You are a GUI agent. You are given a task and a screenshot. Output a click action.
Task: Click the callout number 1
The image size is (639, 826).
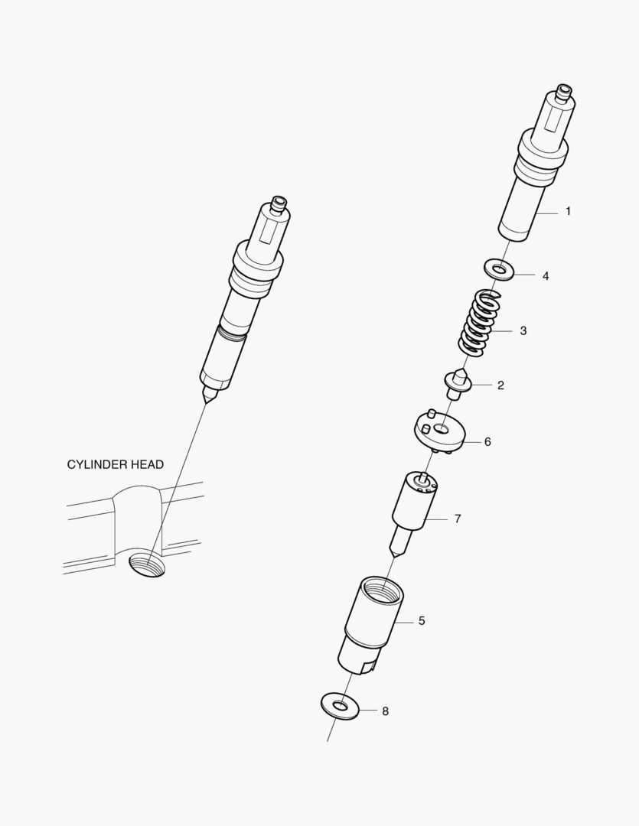[x=568, y=211]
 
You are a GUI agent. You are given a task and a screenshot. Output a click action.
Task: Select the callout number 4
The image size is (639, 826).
[x=546, y=275]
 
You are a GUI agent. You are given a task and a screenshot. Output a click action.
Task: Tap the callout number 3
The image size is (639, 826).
[x=523, y=331]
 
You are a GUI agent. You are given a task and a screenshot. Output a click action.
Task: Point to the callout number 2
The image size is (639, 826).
[x=500, y=385]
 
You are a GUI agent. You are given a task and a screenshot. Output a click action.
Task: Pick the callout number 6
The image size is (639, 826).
[x=487, y=442]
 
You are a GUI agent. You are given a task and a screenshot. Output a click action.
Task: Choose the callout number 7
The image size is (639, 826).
[x=458, y=519]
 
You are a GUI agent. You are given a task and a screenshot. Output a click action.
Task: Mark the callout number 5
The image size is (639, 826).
[x=422, y=621]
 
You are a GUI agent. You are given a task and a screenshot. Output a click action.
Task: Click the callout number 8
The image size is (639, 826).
[x=385, y=711]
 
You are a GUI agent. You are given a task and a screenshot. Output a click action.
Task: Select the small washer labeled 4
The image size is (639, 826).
[x=498, y=270]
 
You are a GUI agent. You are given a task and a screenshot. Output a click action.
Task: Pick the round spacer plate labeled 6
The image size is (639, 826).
[x=439, y=432]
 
